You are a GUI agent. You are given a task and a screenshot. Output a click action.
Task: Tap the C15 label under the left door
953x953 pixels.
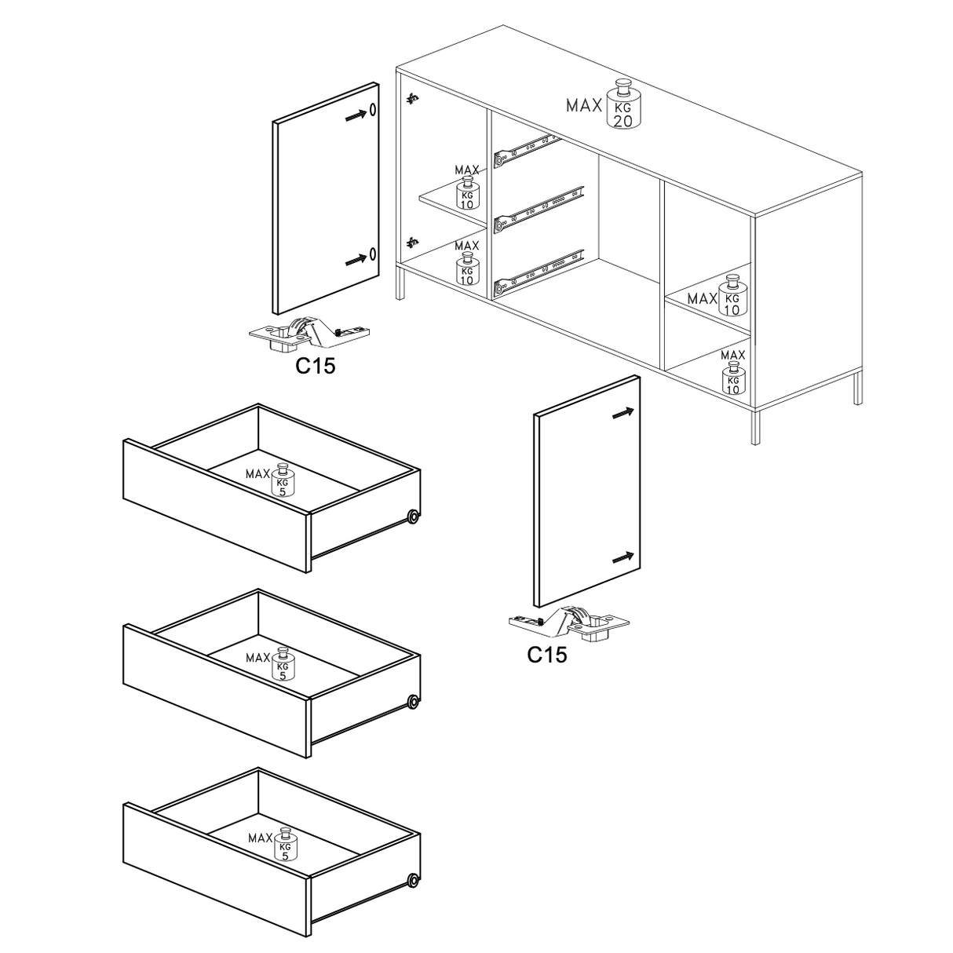[x=316, y=367]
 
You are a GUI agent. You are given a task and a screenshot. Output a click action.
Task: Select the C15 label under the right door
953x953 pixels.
[x=547, y=655]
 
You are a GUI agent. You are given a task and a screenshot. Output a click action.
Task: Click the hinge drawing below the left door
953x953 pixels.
[x=309, y=333]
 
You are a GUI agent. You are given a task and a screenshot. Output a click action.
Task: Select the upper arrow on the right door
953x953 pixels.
[x=623, y=413]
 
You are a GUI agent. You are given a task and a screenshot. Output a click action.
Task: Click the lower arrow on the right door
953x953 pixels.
[x=623, y=557]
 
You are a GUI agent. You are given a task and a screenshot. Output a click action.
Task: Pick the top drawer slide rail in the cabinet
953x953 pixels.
[x=528, y=151]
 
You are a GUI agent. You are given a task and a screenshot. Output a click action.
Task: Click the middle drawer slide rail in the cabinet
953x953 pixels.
[x=539, y=210]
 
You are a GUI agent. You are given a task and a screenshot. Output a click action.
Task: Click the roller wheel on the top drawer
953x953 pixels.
[x=412, y=517]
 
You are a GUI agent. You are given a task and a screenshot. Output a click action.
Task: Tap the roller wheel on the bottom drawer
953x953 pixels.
[x=412, y=881]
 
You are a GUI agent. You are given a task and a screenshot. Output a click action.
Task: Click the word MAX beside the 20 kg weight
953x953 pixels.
[x=584, y=106]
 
